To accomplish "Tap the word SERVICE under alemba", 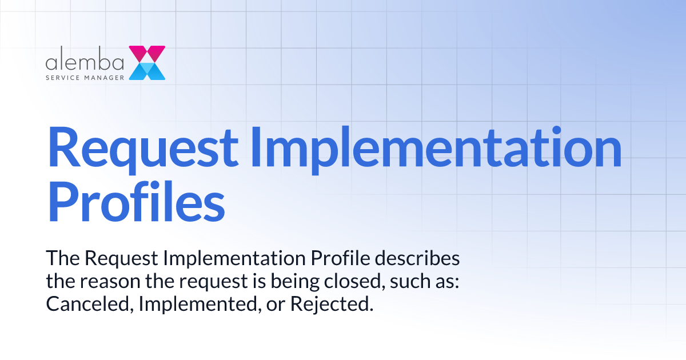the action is click(x=63, y=78).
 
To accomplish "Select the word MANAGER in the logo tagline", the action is click(x=105, y=78).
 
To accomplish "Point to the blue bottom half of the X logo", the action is click(x=147, y=71).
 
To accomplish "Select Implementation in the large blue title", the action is click(x=437, y=147).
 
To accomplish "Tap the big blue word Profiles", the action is click(x=137, y=201).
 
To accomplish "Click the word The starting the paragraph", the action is click(x=63, y=258).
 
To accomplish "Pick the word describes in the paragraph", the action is click(x=417, y=258).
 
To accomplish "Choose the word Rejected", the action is click(x=332, y=304).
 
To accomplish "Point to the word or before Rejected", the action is click(x=276, y=305).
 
